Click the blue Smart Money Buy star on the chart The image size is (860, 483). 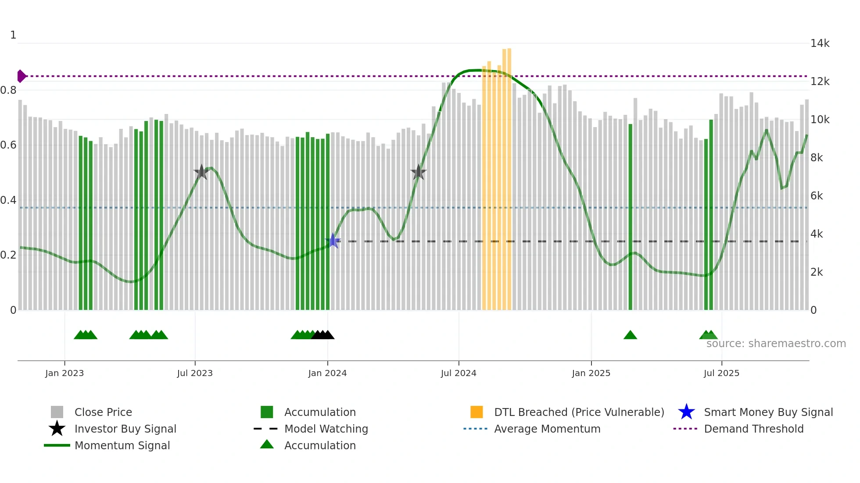[x=333, y=241]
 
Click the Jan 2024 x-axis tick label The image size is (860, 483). [x=327, y=373]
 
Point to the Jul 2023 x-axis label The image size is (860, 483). [x=195, y=373]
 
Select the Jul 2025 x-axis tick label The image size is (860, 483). [x=721, y=373]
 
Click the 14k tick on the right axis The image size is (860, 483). [x=820, y=43]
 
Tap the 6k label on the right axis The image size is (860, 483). [x=817, y=196]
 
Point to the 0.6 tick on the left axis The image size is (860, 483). [x=8, y=145]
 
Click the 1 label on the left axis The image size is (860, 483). [x=13, y=35]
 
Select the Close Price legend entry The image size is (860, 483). [x=103, y=412]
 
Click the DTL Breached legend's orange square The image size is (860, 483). [x=477, y=412]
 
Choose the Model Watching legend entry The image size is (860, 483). [x=326, y=429]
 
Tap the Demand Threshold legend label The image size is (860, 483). [x=753, y=429]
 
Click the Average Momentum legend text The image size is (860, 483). [x=547, y=429]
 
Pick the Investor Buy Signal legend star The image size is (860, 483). [x=57, y=429]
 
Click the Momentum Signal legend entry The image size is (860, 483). [x=122, y=445]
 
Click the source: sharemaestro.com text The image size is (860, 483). [x=776, y=344]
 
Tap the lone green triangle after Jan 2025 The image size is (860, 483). [x=630, y=335]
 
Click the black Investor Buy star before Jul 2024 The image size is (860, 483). [x=419, y=172]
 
